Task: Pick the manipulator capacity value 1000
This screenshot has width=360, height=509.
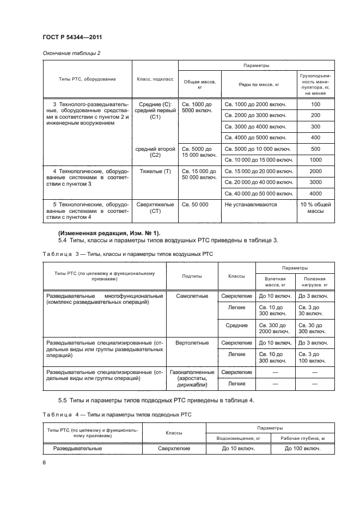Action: pyautogui.click(x=316, y=160)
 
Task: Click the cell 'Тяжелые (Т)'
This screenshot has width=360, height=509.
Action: pyautogui.click(x=155, y=171)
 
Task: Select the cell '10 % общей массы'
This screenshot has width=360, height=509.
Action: pyautogui.click(x=316, y=208)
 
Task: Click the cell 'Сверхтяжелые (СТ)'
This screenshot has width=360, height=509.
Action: pyautogui.click(x=155, y=208)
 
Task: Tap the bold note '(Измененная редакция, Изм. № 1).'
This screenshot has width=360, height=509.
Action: pyautogui.click(x=109, y=233)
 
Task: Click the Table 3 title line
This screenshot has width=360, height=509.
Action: pyautogui.click(x=129, y=254)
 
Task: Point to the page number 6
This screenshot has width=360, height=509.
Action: pyautogui.click(x=44, y=462)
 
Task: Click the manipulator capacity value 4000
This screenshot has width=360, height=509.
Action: pyautogui.click(x=316, y=193)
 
